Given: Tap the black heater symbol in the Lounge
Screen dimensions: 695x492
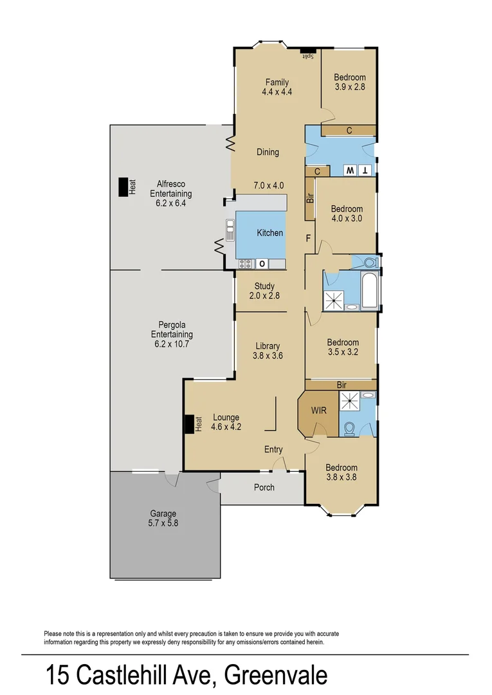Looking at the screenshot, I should [x=190, y=425].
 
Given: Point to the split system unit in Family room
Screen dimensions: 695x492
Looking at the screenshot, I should [x=308, y=50].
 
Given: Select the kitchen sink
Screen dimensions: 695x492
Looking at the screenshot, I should [x=230, y=229].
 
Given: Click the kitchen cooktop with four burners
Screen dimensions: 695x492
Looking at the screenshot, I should [x=245, y=263].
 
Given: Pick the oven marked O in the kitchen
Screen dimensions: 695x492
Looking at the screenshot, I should [x=262, y=263].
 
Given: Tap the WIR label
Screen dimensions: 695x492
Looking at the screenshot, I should [x=318, y=410].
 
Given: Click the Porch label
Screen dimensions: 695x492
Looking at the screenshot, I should [x=264, y=487].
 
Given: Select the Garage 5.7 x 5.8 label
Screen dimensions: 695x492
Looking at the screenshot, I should [x=163, y=519].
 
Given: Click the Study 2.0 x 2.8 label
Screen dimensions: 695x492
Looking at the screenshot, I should [x=264, y=291].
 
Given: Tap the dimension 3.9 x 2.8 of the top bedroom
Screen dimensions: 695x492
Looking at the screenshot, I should [x=349, y=87].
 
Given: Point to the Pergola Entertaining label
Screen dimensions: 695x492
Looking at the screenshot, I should [x=172, y=335].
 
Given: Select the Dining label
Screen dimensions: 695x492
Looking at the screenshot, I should [x=268, y=153].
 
